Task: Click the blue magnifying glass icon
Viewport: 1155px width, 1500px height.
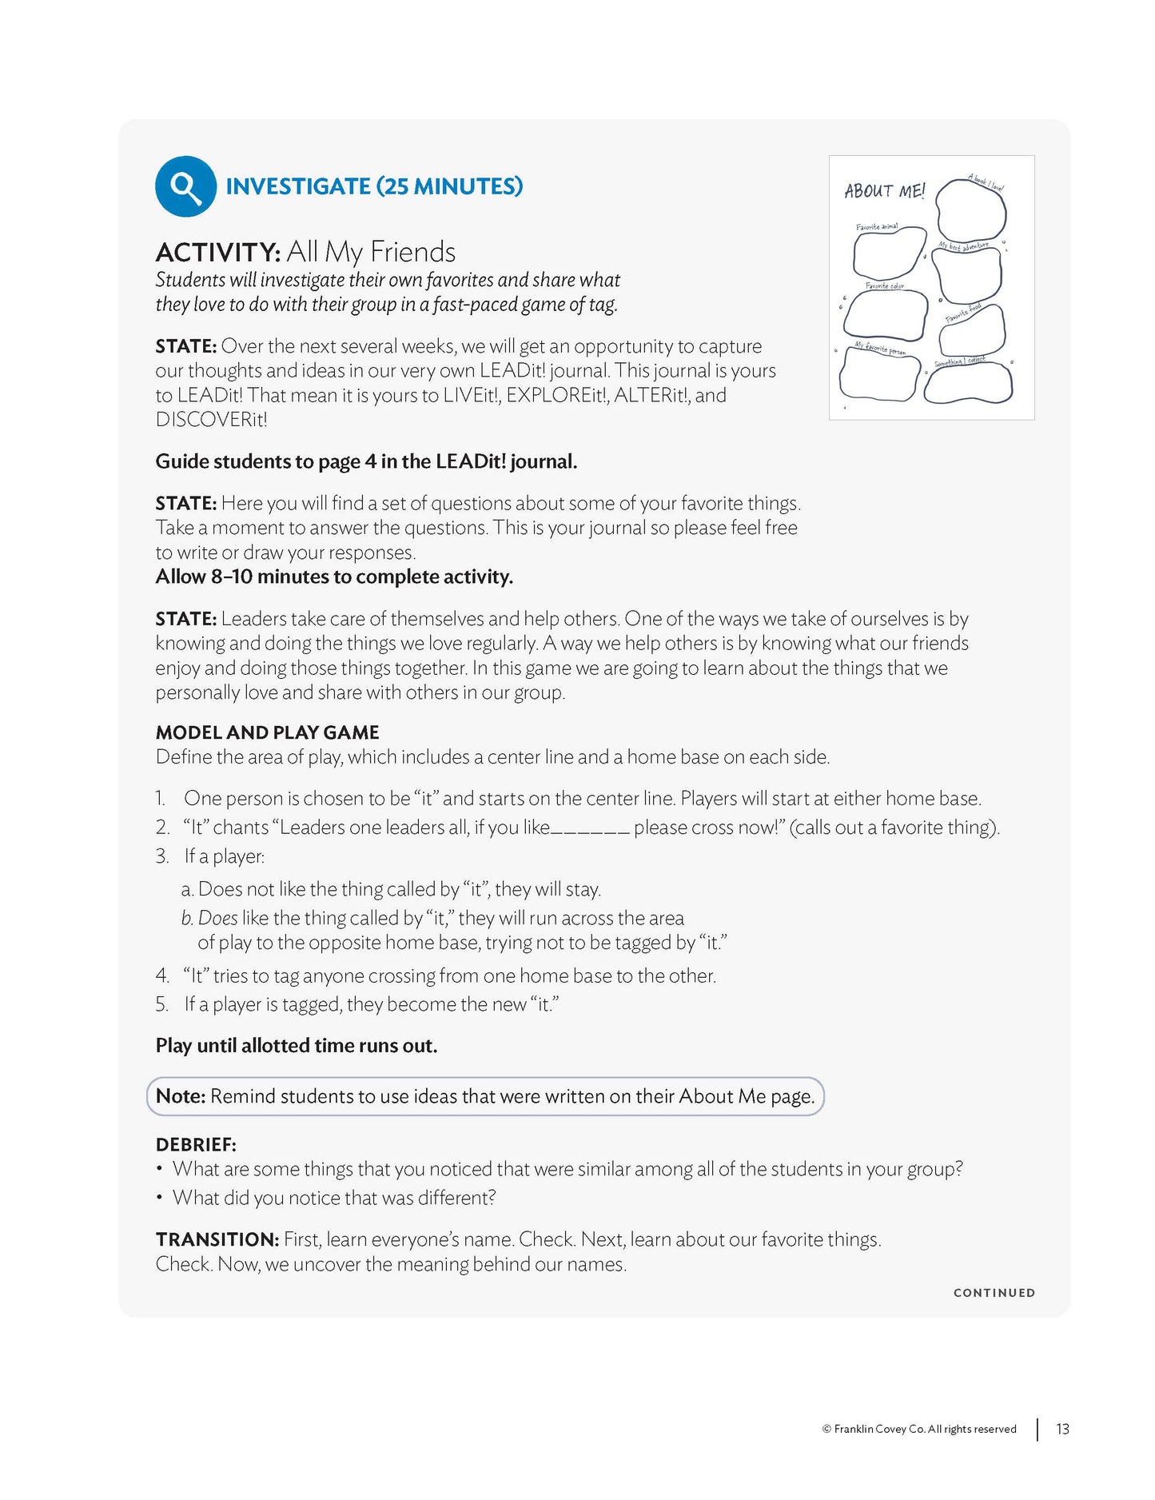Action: coord(185,186)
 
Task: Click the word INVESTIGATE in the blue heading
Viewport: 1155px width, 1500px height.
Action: coord(298,186)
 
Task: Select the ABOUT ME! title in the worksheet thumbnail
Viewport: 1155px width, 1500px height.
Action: coord(884,191)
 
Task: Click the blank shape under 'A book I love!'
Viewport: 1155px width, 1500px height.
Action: coord(970,212)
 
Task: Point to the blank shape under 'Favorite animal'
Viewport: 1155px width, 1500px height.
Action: coord(888,255)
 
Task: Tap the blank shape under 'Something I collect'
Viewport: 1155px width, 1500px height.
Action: coord(968,384)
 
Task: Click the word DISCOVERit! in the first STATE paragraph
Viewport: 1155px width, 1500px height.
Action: coord(211,420)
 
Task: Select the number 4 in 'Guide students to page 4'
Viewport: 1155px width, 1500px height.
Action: coord(370,462)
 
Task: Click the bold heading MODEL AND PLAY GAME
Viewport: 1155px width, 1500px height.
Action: coord(267,732)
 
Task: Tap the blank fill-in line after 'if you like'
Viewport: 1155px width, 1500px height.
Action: coord(591,828)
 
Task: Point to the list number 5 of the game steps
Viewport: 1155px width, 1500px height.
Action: coord(161,1005)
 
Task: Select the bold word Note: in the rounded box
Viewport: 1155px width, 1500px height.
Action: coord(181,1096)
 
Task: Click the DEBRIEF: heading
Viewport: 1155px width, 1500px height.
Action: coord(196,1145)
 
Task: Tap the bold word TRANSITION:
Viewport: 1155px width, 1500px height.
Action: coord(217,1240)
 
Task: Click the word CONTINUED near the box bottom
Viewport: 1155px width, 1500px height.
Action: coord(994,1293)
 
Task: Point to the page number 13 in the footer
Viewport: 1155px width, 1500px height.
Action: coord(1062,1429)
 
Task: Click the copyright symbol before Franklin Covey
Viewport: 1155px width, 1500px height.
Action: coord(826,1430)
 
